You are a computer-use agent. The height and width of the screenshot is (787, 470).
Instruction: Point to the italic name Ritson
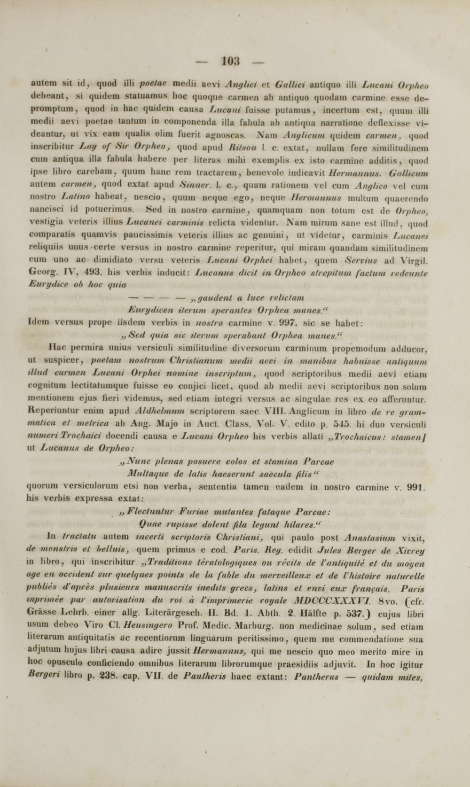[243, 148]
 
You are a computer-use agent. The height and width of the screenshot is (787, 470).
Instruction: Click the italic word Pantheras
[317, 677]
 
